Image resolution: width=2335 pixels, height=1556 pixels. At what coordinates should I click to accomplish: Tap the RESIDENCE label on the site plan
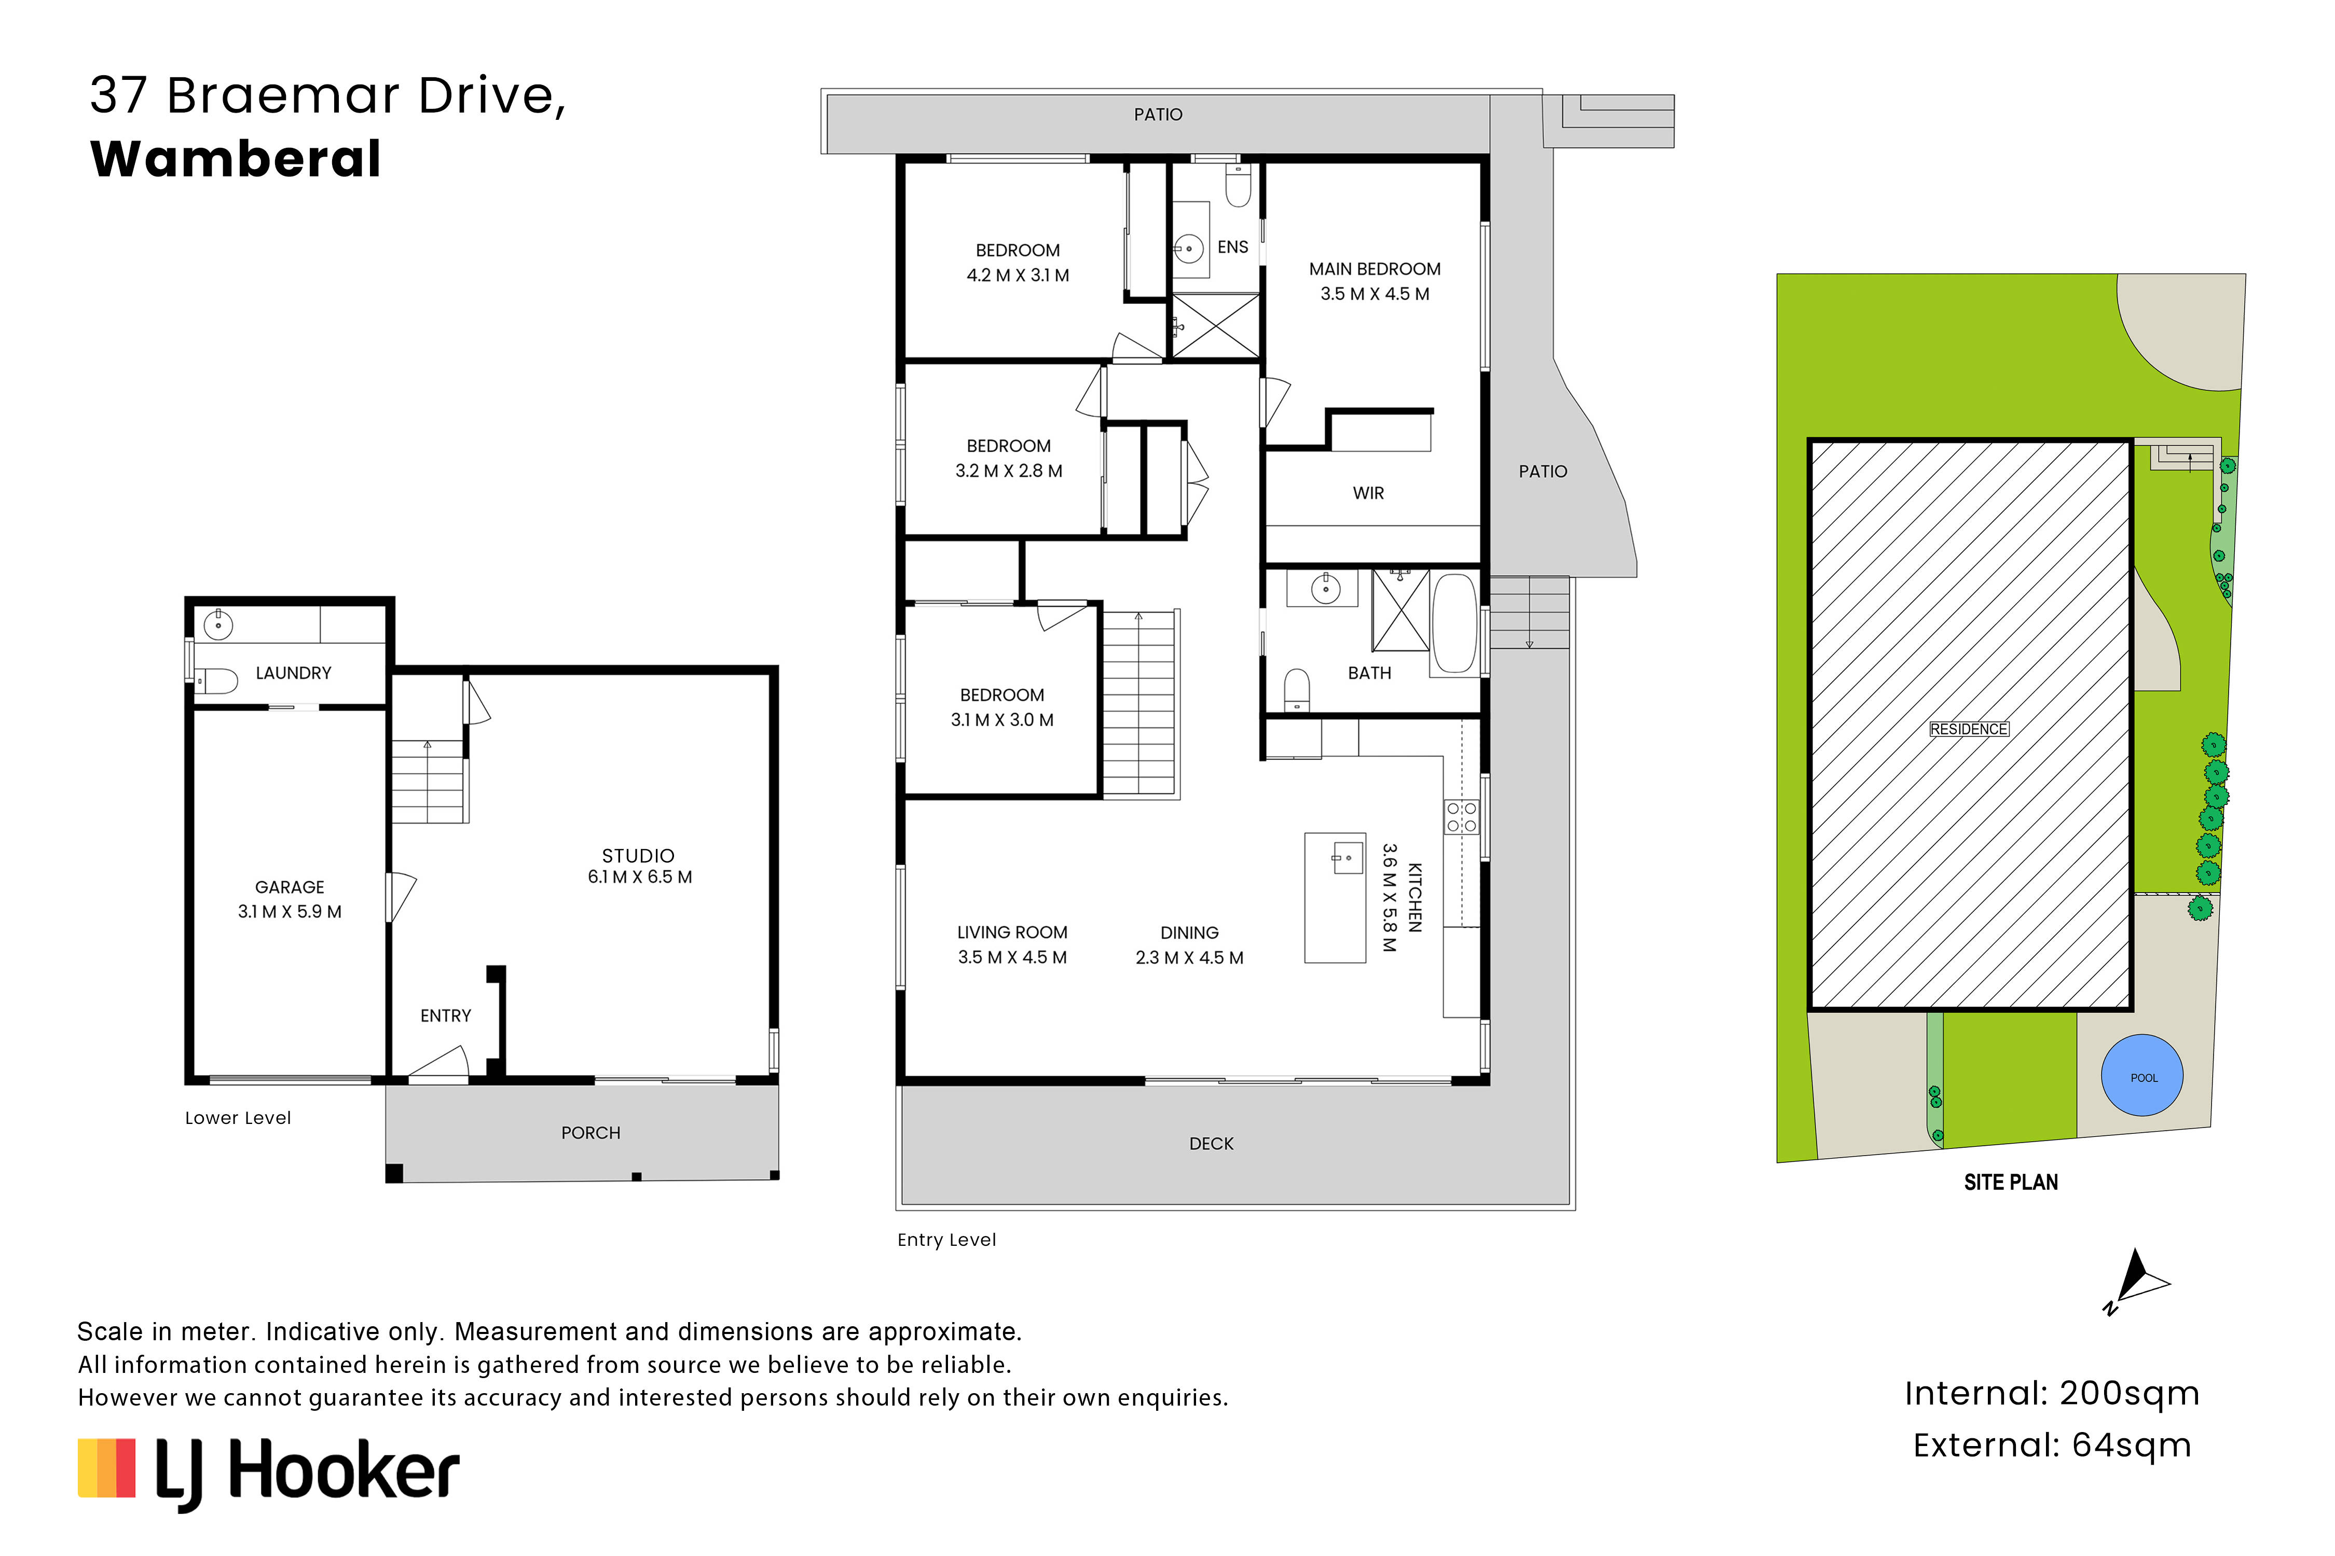coord(1969,729)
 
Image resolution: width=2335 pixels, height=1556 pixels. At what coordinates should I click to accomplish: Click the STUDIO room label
coord(638,855)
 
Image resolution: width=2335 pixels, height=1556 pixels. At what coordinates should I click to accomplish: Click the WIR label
coord(1368,493)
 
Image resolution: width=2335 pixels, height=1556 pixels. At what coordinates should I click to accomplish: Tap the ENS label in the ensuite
coord(1233,247)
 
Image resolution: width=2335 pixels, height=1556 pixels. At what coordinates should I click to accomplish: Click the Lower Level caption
coord(238,1118)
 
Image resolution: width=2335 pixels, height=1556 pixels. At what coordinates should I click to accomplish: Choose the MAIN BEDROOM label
coord(1375,269)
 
